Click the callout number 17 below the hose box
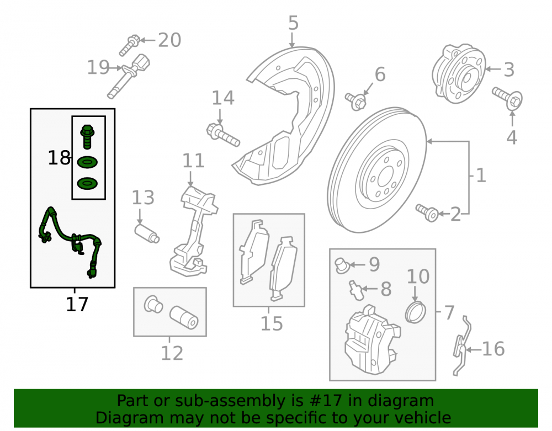click(x=77, y=304)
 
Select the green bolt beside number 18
click(x=87, y=136)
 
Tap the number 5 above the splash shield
click(x=293, y=23)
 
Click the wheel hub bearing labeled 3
click(x=458, y=73)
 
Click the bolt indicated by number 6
click(x=356, y=100)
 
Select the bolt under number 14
click(x=223, y=135)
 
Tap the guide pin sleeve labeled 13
click(x=147, y=233)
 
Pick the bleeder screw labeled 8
click(x=356, y=290)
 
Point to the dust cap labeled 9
click(x=341, y=265)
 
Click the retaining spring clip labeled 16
click(x=462, y=346)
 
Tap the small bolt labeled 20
click(x=129, y=45)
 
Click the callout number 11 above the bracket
click(x=193, y=161)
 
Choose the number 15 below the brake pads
click(x=272, y=324)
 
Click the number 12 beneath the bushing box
click(x=172, y=353)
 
